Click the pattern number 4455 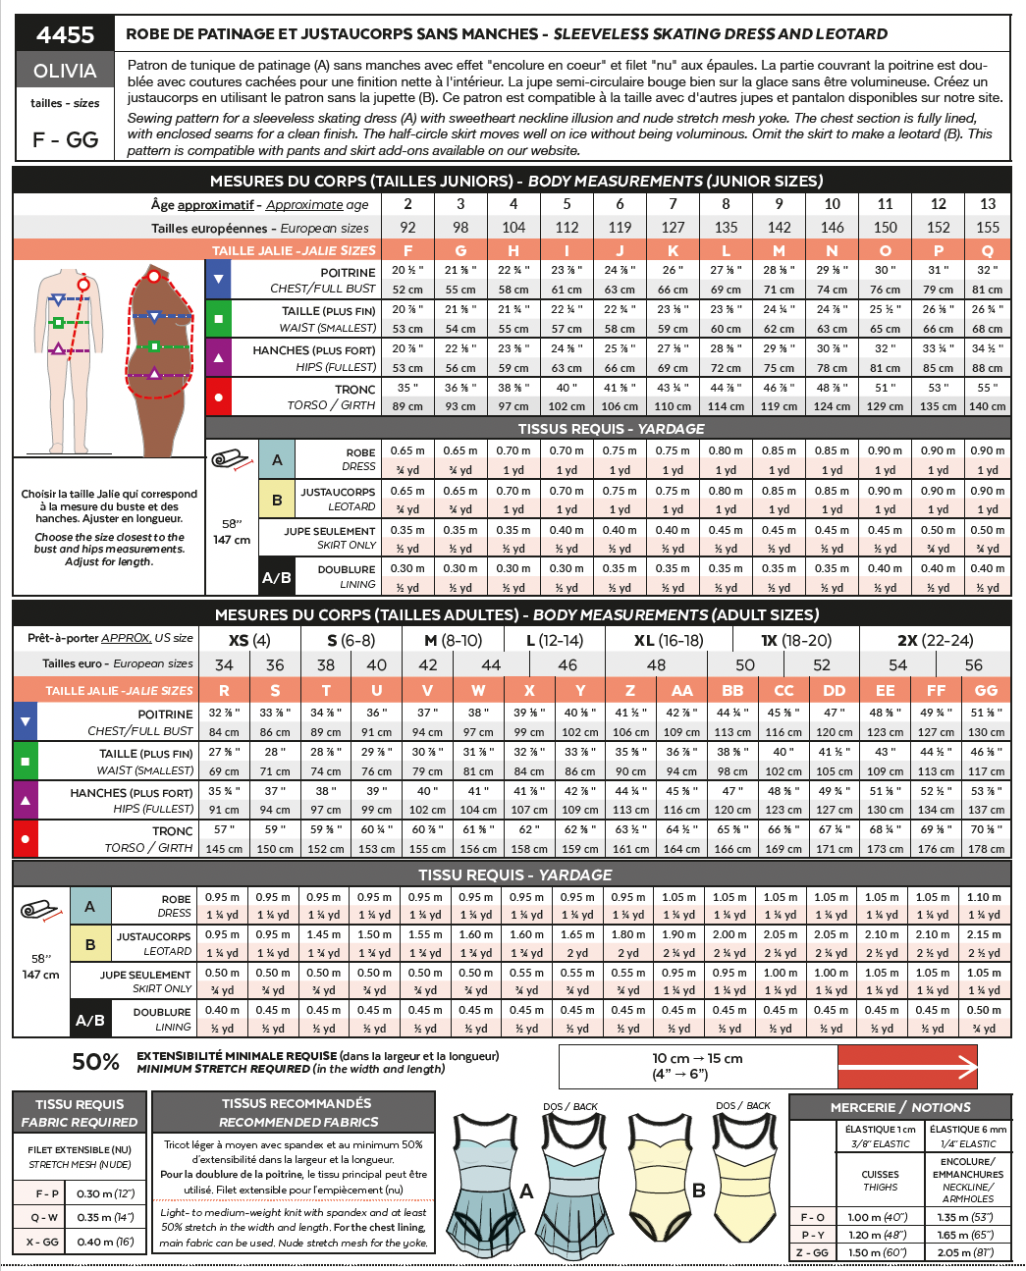[65, 34]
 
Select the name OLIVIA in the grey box [65, 71]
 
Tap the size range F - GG [65, 139]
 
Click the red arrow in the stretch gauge [908, 1067]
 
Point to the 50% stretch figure [95, 1062]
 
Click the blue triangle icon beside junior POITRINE [218, 279]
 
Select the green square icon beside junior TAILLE [218, 318]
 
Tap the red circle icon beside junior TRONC [218, 397]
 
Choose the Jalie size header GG [986, 690]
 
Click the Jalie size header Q [987, 250]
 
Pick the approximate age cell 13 [987, 204]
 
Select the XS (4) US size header [249, 640]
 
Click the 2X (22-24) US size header [935, 640]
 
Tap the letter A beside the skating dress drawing [526, 1191]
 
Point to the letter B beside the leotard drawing [699, 1191]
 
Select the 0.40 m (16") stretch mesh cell [105, 1242]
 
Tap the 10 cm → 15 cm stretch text [697, 1058]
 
